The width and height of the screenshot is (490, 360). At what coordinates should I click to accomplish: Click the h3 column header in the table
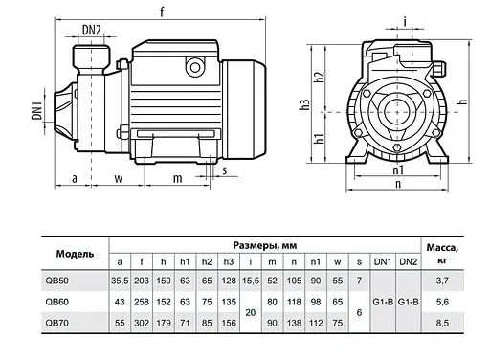229,262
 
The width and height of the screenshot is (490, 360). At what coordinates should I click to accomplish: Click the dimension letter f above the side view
163,11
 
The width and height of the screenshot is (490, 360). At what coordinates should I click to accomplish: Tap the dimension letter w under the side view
119,177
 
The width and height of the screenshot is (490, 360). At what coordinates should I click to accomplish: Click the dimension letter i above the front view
406,19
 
